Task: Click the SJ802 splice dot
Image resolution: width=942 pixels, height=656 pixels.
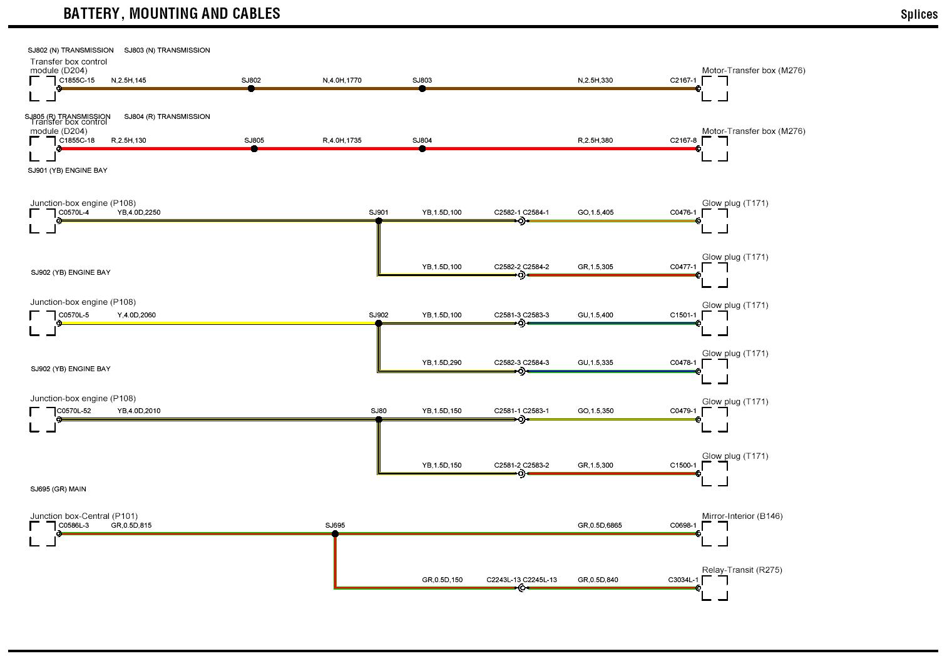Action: [x=251, y=89]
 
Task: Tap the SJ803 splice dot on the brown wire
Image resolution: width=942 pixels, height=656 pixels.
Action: [x=422, y=89]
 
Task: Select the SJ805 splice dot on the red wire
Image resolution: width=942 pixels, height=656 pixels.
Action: [x=253, y=149]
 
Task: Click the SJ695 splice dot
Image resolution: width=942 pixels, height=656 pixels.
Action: [x=335, y=534]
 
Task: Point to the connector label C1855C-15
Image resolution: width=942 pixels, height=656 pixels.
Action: [x=77, y=80]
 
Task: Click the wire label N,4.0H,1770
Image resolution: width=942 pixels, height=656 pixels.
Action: [x=342, y=80]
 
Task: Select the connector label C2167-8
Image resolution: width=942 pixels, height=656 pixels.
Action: [x=683, y=140]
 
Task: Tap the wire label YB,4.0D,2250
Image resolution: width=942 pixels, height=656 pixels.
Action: [x=139, y=212]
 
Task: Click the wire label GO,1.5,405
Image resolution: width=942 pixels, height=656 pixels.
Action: [x=595, y=212]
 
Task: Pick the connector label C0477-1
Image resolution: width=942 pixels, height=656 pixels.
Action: [x=683, y=267]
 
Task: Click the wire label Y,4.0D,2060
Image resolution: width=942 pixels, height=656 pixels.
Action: [x=136, y=315]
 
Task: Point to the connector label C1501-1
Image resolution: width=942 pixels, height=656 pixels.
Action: [x=683, y=315]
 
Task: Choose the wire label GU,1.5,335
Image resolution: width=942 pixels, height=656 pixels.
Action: [x=595, y=362]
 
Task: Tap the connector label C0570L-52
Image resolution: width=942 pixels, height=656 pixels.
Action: [x=74, y=411]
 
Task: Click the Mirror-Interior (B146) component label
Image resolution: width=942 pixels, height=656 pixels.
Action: [x=742, y=516]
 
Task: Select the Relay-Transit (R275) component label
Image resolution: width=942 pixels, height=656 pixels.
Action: [x=742, y=570]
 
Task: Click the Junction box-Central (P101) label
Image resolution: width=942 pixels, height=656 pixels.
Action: [x=83, y=516]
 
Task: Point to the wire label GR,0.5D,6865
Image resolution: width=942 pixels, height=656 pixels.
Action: [x=600, y=525]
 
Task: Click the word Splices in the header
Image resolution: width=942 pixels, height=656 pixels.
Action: [x=919, y=14]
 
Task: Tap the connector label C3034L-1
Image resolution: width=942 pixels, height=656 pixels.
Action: [x=683, y=580]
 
